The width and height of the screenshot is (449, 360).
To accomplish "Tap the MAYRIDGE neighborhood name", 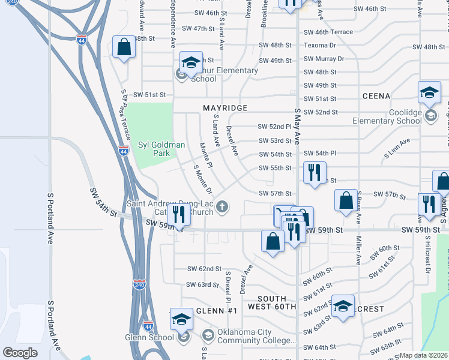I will [225, 108].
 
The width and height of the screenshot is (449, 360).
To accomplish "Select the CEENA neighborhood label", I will [376, 96].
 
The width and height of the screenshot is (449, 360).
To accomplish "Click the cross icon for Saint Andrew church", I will [222, 208].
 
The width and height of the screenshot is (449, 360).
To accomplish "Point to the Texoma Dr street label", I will [319, 45].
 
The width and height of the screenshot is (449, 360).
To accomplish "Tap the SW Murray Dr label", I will [324, 59].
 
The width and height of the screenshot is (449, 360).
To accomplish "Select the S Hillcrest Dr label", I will [428, 257].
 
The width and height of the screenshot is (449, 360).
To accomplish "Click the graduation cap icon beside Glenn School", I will [181, 320].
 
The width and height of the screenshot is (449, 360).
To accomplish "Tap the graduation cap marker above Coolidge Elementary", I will [429, 92].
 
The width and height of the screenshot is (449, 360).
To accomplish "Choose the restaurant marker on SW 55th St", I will [315, 173].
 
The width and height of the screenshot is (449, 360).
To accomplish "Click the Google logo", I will [20, 352].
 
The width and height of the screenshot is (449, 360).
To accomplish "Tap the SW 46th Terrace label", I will [328, 32].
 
